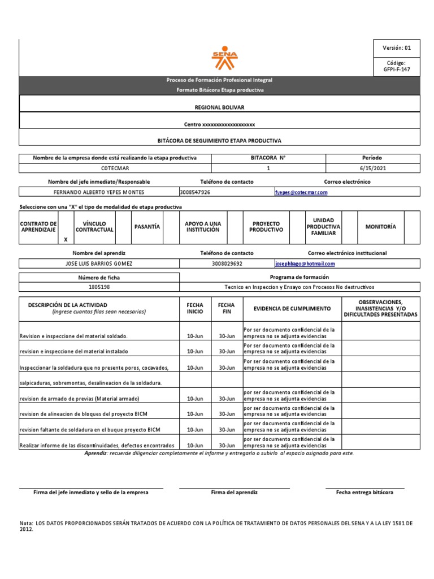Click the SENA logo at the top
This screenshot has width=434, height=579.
224,57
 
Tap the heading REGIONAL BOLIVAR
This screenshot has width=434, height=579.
220,107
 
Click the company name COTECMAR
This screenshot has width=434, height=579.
115,168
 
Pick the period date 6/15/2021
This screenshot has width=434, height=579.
372,168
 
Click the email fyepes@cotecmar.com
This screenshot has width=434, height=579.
301,192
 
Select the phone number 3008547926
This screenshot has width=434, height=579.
195,192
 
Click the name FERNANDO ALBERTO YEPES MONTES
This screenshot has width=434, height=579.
99,192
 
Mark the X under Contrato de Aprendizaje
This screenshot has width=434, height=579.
66,240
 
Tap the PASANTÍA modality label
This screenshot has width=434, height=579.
147,227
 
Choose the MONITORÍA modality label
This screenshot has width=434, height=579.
381,227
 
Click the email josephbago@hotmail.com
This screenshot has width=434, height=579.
305,264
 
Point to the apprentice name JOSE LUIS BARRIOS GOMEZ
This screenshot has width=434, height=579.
99,264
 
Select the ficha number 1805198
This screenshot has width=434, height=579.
99,287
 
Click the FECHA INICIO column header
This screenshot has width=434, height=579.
194,309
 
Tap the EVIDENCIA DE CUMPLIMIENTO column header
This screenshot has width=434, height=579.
292,309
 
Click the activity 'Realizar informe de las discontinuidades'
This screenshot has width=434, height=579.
97,446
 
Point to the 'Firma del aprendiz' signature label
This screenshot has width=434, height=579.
234,492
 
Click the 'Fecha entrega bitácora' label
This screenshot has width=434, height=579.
364,492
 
